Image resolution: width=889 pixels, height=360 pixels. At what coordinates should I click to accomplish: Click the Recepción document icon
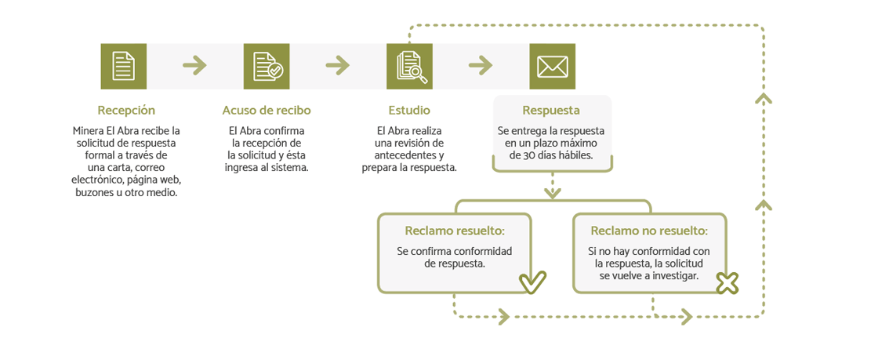(x=124, y=67)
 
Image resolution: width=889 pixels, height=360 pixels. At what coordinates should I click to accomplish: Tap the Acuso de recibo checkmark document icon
(x=267, y=67)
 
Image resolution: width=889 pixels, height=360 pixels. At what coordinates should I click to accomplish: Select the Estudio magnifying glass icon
(x=409, y=67)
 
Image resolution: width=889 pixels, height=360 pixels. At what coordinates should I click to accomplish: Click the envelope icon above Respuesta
(x=552, y=67)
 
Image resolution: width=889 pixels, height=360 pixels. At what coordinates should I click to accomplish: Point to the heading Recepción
(x=126, y=110)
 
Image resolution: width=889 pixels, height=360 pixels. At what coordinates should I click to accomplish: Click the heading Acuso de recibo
(x=267, y=110)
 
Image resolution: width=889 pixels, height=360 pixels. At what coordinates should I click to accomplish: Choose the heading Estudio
(x=409, y=110)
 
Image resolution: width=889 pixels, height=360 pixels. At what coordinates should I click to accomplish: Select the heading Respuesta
(x=552, y=110)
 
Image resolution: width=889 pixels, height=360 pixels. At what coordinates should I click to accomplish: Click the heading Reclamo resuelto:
(x=455, y=231)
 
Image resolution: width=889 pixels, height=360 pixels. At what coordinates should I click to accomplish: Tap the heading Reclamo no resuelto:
(x=649, y=231)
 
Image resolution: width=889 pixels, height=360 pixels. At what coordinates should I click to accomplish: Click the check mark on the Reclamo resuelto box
(x=533, y=282)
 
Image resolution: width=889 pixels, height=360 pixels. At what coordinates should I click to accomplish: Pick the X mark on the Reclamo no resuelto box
(x=728, y=283)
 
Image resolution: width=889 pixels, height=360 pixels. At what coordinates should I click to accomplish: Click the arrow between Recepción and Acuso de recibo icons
(x=195, y=66)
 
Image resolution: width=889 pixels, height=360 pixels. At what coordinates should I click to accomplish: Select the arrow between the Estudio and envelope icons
(x=481, y=66)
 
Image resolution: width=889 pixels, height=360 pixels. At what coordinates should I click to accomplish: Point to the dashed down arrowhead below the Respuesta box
(x=552, y=193)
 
